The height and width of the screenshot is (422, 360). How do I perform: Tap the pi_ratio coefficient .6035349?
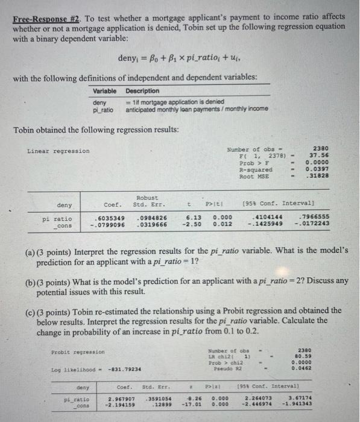[110, 219]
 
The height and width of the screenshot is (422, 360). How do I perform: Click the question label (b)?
[30, 281]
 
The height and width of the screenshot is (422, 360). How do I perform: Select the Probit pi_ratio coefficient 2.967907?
[121, 399]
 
